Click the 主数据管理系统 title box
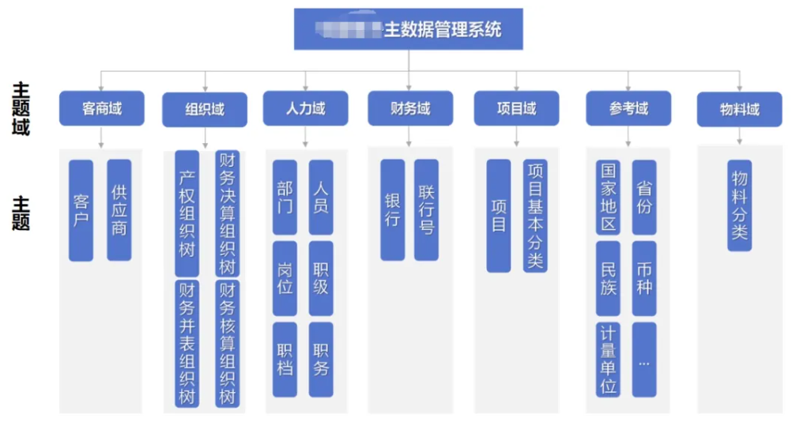click(x=408, y=30)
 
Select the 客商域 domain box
click(x=102, y=108)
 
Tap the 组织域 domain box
click(x=205, y=109)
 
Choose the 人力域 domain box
click(x=305, y=108)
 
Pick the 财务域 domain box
click(x=410, y=108)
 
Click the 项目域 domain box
click(x=516, y=108)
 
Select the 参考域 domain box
click(x=628, y=108)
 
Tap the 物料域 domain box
click(x=739, y=109)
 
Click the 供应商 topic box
click(x=119, y=210)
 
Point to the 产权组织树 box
click(x=187, y=213)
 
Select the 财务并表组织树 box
click(x=187, y=343)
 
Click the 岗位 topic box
click(x=285, y=278)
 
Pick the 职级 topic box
click(x=321, y=278)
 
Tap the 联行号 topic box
click(x=427, y=210)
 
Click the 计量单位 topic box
click(x=608, y=359)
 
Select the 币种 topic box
click(x=644, y=278)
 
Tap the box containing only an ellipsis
click(x=644, y=359)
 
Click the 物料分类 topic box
click(x=739, y=205)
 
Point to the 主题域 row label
click(x=21, y=108)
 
